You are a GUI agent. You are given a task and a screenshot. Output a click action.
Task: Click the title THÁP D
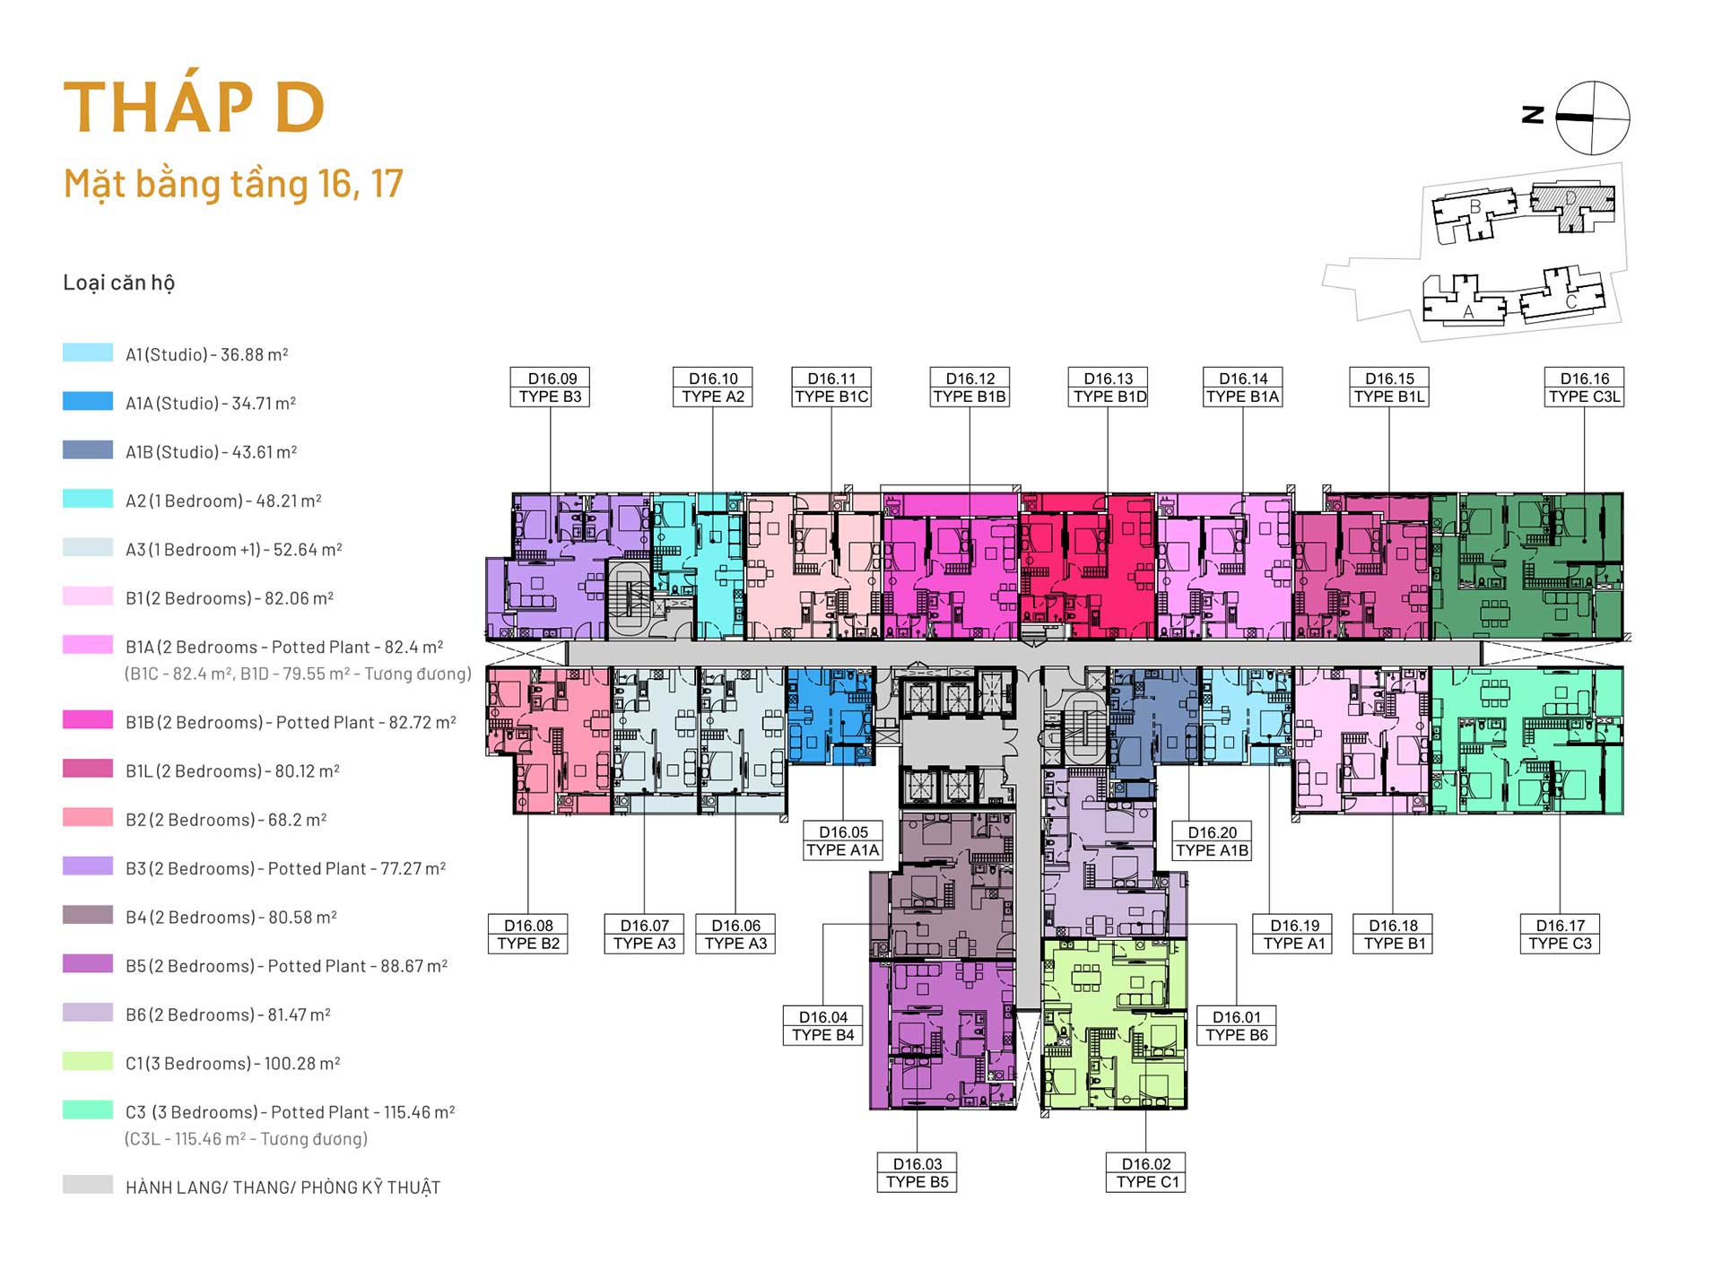tap(194, 108)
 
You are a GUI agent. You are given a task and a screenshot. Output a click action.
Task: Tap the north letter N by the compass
tap(1533, 116)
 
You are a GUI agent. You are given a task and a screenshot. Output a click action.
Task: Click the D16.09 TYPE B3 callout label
tap(550, 387)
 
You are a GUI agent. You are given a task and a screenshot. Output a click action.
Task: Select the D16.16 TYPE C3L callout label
tap(1584, 387)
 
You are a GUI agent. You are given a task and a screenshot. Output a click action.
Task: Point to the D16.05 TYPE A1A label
tap(843, 841)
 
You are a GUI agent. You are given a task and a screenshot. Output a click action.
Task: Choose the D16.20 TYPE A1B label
tap(1212, 841)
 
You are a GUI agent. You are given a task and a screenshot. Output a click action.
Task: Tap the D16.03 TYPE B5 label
tap(917, 1172)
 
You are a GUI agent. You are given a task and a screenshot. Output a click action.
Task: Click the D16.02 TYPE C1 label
tap(1146, 1172)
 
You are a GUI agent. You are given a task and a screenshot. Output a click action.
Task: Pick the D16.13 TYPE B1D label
tap(1109, 387)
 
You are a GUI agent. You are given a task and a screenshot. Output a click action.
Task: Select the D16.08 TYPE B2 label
tap(528, 934)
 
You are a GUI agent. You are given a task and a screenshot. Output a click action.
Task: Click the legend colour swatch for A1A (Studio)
tap(88, 401)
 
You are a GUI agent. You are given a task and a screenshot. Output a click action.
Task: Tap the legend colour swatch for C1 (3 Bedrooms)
tap(88, 1061)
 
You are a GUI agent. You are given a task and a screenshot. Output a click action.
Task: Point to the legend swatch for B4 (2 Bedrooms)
tap(88, 915)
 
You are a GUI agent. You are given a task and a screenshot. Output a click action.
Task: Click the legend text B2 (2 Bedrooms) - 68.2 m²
tap(226, 820)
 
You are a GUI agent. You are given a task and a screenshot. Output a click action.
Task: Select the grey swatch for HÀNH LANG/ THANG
tap(88, 1184)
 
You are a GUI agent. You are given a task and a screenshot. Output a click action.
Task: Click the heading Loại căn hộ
tap(118, 283)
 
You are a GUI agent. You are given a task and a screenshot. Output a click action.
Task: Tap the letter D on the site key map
tap(1570, 197)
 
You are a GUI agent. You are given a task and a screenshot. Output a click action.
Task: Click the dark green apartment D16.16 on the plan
tap(1526, 565)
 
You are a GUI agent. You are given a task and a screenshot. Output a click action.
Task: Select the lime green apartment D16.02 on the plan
tap(1114, 1024)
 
